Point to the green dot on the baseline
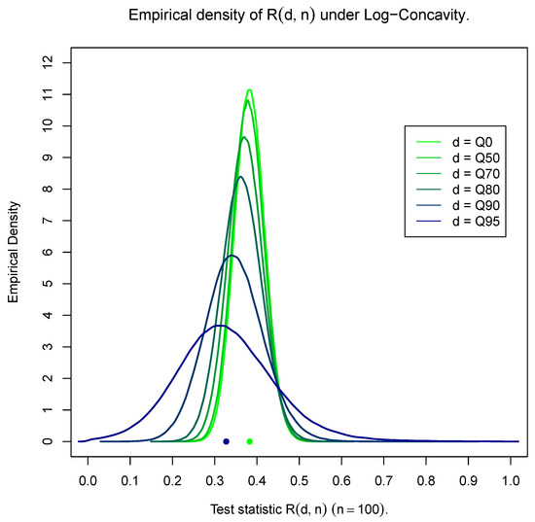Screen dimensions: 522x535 point(250,441)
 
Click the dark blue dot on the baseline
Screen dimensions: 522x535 point(226,441)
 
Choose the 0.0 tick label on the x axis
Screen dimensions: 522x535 point(89,479)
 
